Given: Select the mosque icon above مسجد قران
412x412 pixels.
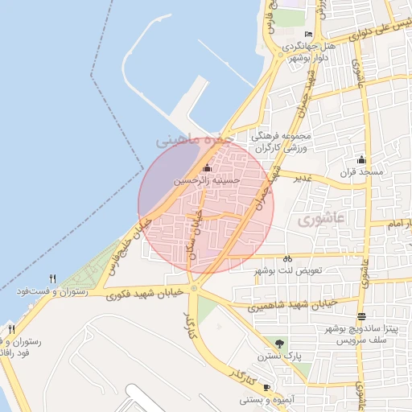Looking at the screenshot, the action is pyautogui.click(x=361, y=159).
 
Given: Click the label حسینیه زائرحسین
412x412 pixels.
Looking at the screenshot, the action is pyautogui.click(x=208, y=182).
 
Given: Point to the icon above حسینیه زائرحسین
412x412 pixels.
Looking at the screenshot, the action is pyautogui.click(x=208, y=168).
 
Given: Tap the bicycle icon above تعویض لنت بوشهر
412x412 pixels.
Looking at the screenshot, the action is pyautogui.click(x=287, y=259).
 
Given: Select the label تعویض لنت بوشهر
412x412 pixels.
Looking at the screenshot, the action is pyautogui.click(x=288, y=271).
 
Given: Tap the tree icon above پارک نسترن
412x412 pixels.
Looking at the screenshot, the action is pyautogui.click(x=280, y=344).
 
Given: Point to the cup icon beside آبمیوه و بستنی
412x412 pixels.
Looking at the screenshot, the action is pyautogui.click(x=266, y=388).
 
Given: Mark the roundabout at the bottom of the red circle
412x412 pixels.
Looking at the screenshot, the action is pyautogui.click(x=194, y=288).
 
